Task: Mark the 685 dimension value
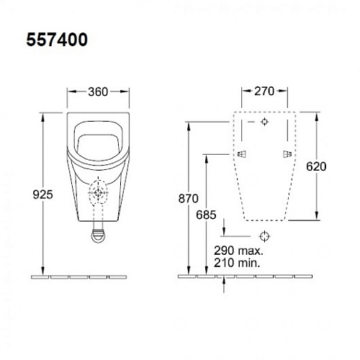tap(204, 214)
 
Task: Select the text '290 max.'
tap(238, 251)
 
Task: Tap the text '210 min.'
tap(238, 263)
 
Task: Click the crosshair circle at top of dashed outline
tap(265, 122)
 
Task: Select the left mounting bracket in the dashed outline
tap(239, 154)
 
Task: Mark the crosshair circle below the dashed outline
tap(265, 235)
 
